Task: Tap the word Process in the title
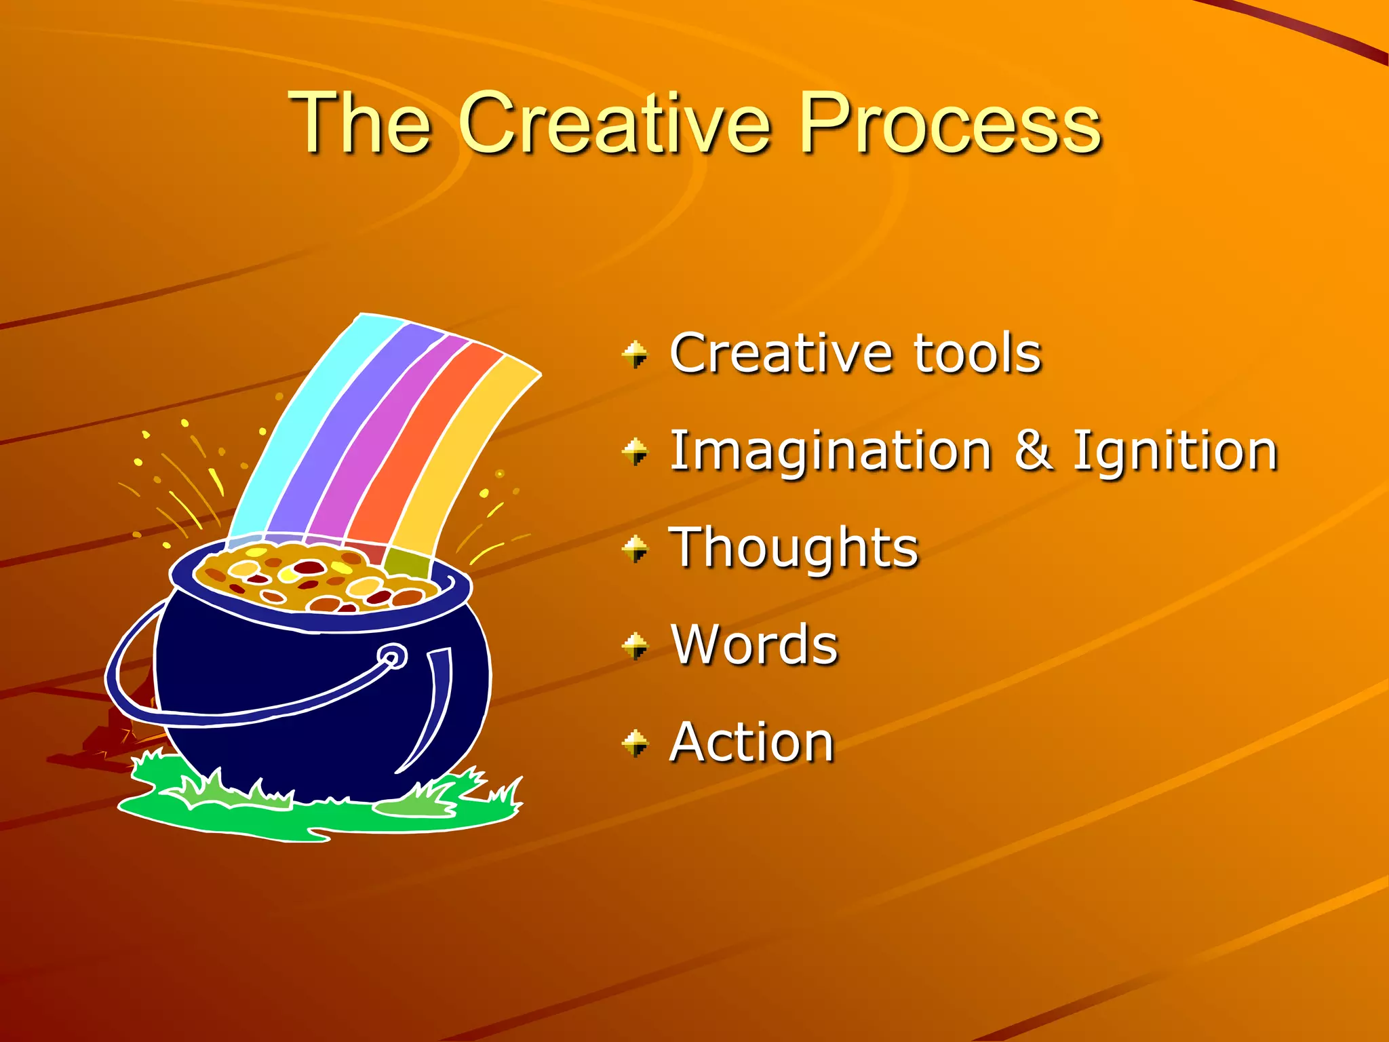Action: (x=950, y=124)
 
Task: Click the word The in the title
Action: (x=359, y=124)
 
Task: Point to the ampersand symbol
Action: (x=1034, y=450)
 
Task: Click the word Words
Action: (x=754, y=645)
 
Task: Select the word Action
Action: (x=751, y=743)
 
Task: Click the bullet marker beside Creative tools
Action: (x=635, y=354)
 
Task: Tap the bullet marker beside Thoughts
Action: (x=635, y=549)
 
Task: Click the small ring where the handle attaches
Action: (x=392, y=657)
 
